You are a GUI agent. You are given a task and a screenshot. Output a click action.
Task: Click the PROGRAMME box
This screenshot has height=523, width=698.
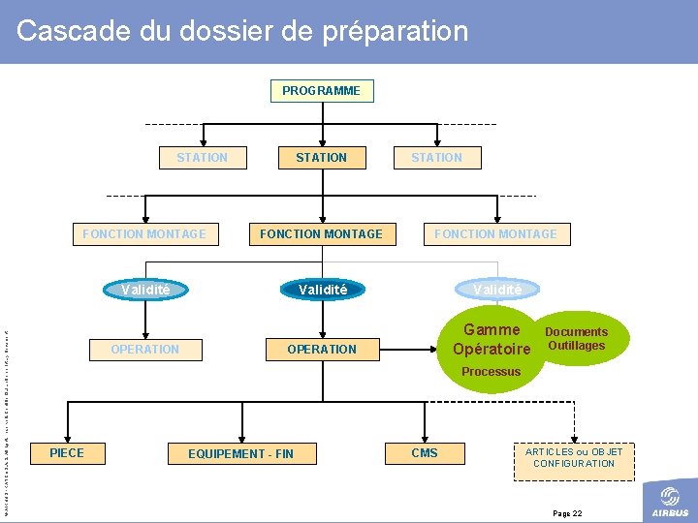tap(321, 91)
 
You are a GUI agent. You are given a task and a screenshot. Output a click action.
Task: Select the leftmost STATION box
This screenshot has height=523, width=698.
tap(202, 157)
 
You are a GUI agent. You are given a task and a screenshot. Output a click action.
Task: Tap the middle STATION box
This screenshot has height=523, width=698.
tap(321, 157)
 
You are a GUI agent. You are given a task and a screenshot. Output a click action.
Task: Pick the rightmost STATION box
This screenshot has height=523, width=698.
tap(436, 157)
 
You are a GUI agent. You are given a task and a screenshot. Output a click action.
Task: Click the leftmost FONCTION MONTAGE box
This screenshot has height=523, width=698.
tap(144, 233)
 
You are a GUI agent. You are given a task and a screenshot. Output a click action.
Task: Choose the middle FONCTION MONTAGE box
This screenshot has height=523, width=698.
tap(321, 233)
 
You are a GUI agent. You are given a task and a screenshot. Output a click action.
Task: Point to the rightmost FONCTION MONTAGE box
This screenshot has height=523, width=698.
tap(495, 233)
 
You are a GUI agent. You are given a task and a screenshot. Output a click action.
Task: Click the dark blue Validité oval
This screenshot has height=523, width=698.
tap(323, 290)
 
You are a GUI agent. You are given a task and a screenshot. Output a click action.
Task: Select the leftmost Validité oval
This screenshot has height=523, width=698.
tap(145, 290)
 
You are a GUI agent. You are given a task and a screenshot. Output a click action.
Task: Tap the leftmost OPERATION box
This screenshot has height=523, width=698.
tap(145, 349)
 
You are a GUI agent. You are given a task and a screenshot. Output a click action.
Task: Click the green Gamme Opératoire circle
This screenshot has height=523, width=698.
tap(492, 340)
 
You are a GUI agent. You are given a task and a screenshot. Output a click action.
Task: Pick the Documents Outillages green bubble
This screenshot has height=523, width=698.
tap(576, 339)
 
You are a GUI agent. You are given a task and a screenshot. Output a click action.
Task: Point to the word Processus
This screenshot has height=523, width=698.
tap(492, 372)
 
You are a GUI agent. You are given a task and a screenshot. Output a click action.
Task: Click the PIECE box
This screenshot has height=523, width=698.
tap(67, 453)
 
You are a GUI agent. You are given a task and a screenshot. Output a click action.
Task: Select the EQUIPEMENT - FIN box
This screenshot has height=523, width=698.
tap(240, 453)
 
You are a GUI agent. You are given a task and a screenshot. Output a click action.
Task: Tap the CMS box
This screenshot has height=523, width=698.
tap(425, 453)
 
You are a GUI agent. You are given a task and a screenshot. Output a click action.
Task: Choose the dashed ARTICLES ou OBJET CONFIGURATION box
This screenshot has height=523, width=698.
tap(574, 457)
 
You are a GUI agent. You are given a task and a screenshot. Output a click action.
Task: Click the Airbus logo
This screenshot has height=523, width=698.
tap(670, 501)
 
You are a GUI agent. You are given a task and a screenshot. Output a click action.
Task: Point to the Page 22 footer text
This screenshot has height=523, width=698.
tap(567, 512)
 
